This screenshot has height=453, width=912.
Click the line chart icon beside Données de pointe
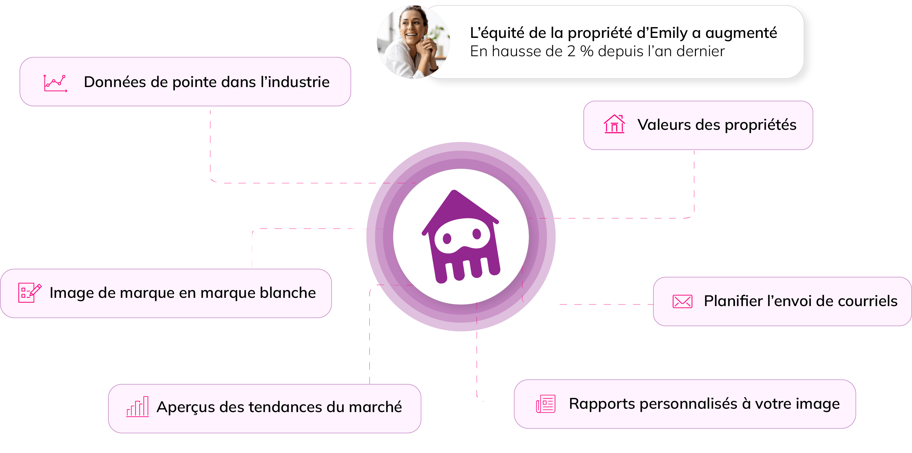[x=55, y=83]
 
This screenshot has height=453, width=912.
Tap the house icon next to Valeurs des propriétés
[x=614, y=124]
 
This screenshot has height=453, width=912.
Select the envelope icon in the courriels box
[x=682, y=301]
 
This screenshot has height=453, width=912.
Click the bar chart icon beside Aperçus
[x=137, y=407]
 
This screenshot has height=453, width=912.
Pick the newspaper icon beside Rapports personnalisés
[x=546, y=404]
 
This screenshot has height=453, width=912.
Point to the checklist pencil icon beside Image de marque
[x=30, y=293]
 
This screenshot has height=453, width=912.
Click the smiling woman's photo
[x=412, y=42]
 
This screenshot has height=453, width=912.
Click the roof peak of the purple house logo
[x=454, y=193]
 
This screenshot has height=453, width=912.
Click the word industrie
[x=299, y=82]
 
